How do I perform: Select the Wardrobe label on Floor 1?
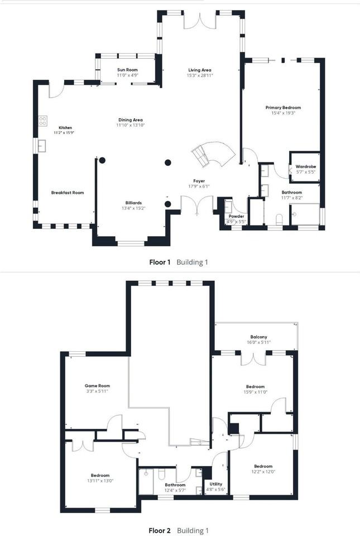[306, 166]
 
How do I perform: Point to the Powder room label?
[237, 216]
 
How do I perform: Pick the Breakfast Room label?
[68, 193]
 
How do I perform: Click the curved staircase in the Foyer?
[209, 154]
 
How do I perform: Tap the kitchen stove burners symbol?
[42, 120]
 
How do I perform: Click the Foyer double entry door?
[197, 204]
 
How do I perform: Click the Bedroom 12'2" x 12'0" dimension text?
[263, 472]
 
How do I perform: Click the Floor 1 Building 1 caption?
[179, 261]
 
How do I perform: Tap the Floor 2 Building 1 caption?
[179, 530]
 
